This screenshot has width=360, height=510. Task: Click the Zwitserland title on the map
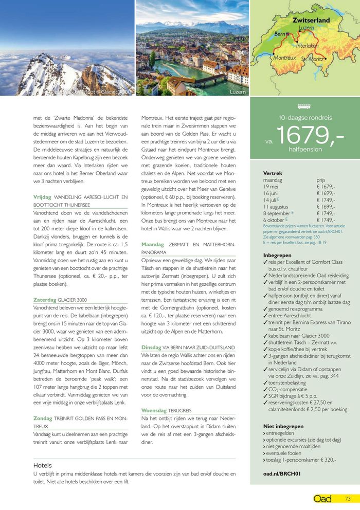coord(311,20)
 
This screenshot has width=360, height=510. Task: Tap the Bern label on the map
coord(280,34)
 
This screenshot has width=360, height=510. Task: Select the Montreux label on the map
coord(284,58)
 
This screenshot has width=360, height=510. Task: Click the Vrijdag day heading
coord(43,197)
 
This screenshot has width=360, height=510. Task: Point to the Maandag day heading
coord(153,244)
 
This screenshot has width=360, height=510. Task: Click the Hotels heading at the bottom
coord(43,465)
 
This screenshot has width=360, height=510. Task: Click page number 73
coord(348,498)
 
